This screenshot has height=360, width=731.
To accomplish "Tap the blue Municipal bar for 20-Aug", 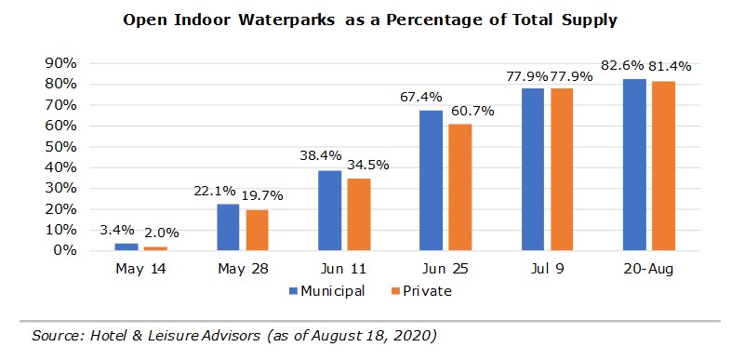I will (635, 165).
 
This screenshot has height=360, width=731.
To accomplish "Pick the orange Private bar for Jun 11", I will (358, 215).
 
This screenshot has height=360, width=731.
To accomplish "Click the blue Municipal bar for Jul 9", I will (533, 169).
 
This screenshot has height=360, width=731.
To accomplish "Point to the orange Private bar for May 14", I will (154, 248).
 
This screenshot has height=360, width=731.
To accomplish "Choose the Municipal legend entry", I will (326, 290).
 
